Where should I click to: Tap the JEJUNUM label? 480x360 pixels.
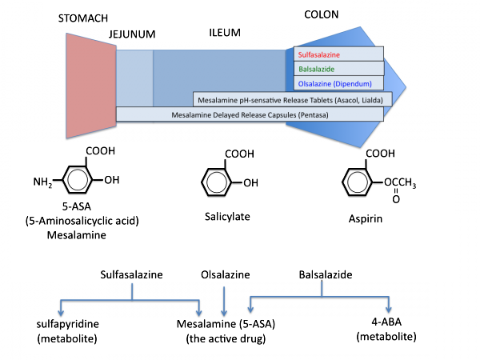point(132,34)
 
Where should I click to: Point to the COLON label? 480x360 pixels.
point(324,15)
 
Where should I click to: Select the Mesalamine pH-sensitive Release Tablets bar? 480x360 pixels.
point(293,99)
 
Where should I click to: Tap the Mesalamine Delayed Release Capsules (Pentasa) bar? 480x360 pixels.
point(250,115)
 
